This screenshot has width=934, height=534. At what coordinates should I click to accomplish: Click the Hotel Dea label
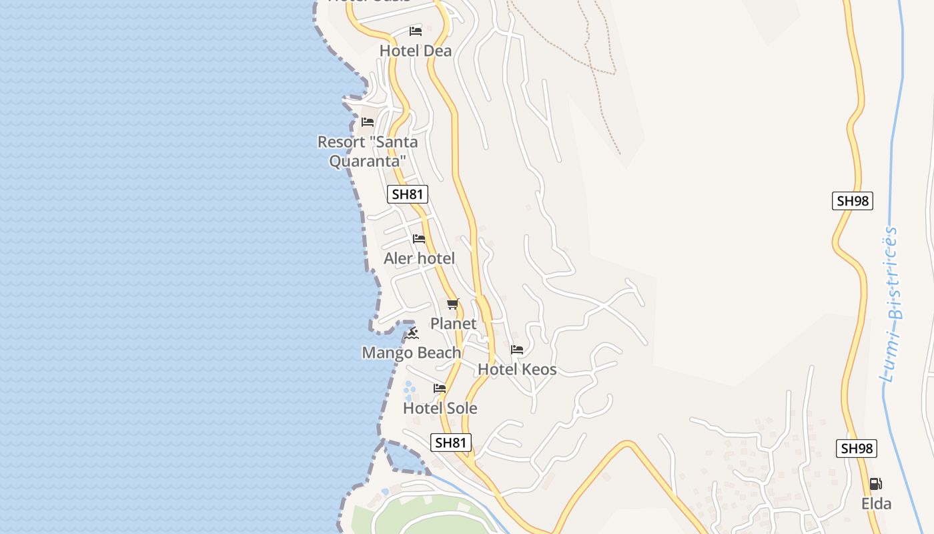click(x=415, y=51)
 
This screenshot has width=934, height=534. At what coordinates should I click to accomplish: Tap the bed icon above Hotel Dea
click(x=416, y=31)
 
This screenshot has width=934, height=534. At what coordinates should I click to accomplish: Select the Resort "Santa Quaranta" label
click(x=368, y=152)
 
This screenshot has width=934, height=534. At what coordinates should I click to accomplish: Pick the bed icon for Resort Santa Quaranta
click(x=368, y=121)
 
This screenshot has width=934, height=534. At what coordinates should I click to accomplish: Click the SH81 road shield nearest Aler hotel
click(x=408, y=194)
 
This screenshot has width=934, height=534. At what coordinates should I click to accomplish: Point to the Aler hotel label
click(x=419, y=258)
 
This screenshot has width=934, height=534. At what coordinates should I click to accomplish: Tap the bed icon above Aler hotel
click(x=419, y=238)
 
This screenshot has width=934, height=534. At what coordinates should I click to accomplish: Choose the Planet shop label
click(x=453, y=324)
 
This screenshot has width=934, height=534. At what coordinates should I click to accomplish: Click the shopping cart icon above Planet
click(x=453, y=304)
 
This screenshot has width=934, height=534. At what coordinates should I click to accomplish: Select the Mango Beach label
click(x=411, y=352)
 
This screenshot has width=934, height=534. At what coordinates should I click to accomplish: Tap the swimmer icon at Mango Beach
click(x=412, y=333)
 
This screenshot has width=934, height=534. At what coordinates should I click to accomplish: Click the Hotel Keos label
click(x=517, y=369)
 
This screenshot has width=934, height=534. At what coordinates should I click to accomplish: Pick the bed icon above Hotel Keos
click(x=517, y=349)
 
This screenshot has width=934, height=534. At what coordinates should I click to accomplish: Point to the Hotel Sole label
click(x=440, y=408)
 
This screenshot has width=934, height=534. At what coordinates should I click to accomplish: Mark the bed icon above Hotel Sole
click(x=440, y=388)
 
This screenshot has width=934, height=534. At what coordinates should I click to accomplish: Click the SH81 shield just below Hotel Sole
click(x=451, y=442)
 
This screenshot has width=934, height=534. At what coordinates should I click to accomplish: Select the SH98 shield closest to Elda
click(x=857, y=449)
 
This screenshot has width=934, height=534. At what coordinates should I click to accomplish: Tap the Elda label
click(x=876, y=504)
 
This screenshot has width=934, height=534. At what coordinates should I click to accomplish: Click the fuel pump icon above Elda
click(x=876, y=484)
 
